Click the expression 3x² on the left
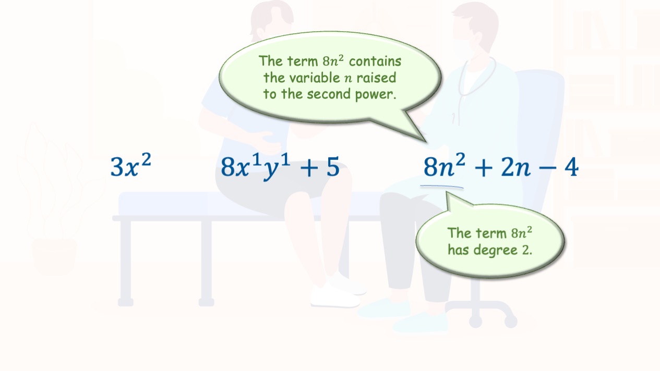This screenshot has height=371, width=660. pyautogui.click(x=131, y=165)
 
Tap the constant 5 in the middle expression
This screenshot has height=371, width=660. pyautogui.click(x=333, y=167)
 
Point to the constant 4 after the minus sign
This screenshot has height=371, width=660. pyautogui.click(x=572, y=167)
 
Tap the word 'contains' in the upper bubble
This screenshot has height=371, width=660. pyautogui.click(x=375, y=61)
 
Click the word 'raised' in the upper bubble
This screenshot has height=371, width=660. pyautogui.click(x=376, y=78)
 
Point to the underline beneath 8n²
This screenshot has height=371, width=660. pyautogui.click(x=442, y=186)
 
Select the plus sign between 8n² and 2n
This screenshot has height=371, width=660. pyautogui.click(x=484, y=168)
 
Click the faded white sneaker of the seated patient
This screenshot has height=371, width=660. pyautogui.click(x=335, y=295)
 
